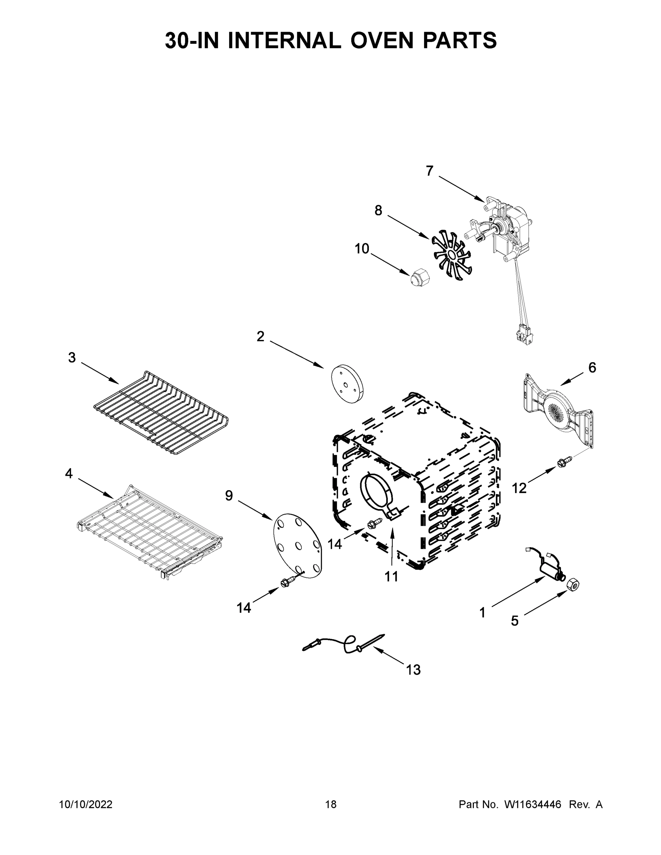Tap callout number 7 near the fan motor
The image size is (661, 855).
point(430,171)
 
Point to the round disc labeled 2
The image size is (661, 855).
point(347,384)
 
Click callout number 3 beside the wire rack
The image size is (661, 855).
point(72,357)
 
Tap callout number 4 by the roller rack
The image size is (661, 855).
point(69,474)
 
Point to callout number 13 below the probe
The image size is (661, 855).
point(413,670)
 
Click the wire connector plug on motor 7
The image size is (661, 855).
point(524,335)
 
